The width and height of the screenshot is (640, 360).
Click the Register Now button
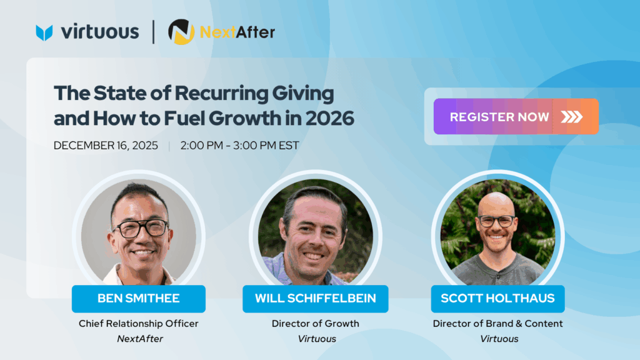coord(516,117)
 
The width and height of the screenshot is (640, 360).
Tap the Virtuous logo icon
coord(44,32)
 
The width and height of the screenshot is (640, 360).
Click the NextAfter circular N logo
coord(181,32)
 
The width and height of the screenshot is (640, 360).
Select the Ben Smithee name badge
coord(138,299)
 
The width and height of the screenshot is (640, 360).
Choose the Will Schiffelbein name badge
coord(316,299)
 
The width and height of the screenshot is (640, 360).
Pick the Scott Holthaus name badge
coord(497,299)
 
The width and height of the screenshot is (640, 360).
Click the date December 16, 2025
coord(106,146)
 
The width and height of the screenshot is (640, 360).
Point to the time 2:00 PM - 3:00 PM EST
coord(239,146)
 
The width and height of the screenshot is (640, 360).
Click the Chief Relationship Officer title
coord(138,324)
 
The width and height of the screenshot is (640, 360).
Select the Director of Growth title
coord(315,324)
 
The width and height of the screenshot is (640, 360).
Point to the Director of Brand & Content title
coord(497,324)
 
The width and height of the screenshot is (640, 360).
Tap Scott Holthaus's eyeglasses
coord(496,221)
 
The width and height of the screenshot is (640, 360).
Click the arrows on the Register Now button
coord(571,117)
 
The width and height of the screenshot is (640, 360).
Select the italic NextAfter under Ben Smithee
coord(138,339)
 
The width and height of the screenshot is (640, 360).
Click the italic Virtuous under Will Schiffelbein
coord(315,339)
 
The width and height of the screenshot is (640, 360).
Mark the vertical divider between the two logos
coord(154,32)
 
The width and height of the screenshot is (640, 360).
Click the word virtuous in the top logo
coord(100,32)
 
